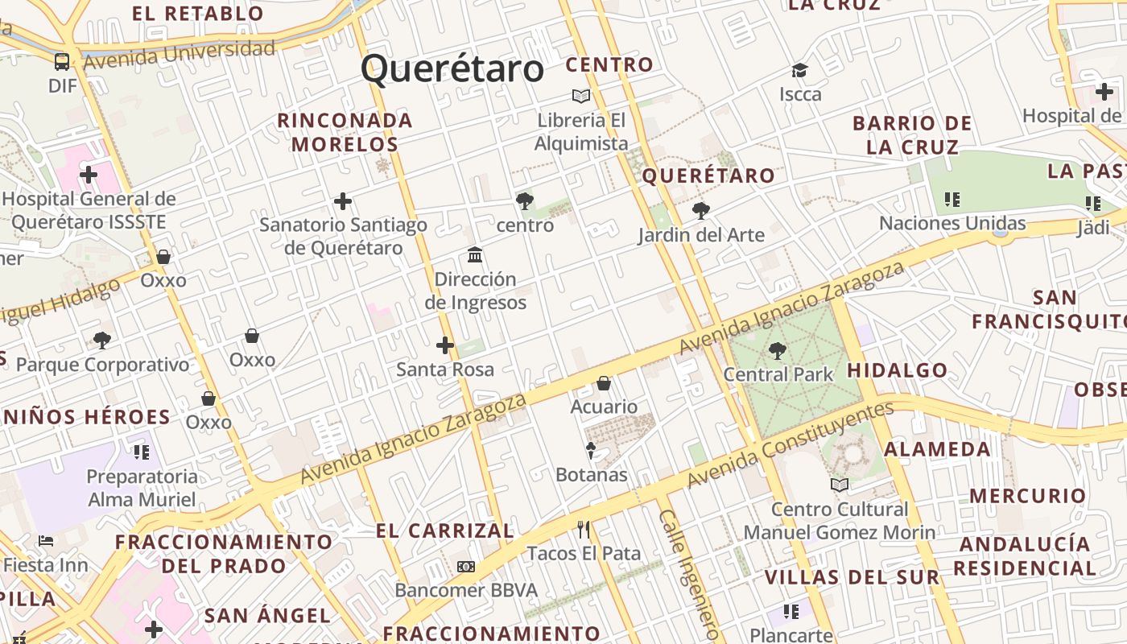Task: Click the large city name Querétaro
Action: [x=452, y=69]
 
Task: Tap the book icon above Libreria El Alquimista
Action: [x=581, y=96]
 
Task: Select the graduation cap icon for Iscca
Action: [x=799, y=70]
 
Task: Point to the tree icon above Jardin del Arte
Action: [x=701, y=211]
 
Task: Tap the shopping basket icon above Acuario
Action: [x=604, y=383]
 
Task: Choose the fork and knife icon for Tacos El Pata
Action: [x=584, y=530]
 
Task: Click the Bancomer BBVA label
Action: [x=466, y=590]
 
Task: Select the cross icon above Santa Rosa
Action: [x=445, y=345]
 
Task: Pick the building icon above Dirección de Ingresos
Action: [x=475, y=255]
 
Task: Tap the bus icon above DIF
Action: [x=62, y=61]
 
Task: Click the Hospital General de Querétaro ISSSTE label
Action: [x=89, y=209]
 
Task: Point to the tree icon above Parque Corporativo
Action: [x=102, y=340]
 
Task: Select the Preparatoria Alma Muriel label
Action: [x=142, y=488]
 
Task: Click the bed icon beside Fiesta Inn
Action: [x=46, y=540]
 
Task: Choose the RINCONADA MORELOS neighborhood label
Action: [x=345, y=133]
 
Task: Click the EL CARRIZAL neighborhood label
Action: [x=445, y=531]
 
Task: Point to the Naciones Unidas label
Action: [x=952, y=223]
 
